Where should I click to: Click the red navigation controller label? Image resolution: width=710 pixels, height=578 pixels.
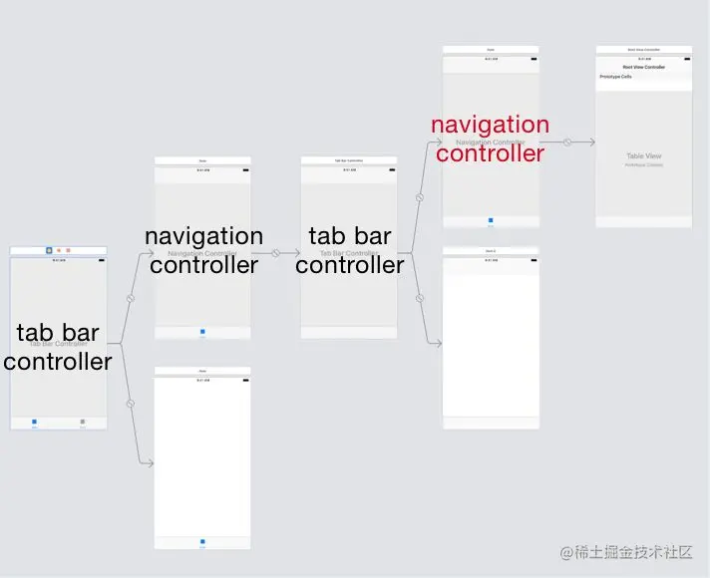(x=490, y=139)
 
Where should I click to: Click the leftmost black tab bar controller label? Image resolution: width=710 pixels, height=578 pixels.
(x=58, y=346)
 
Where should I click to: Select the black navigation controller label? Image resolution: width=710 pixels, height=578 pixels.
(x=203, y=250)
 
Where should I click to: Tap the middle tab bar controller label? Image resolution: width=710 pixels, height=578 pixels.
(x=349, y=250)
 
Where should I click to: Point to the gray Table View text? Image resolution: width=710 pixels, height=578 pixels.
(x=643, y=156)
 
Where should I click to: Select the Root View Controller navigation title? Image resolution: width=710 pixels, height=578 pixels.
(x=643, y=67)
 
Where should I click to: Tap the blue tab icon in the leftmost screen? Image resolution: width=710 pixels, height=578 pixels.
(x=35, y=422)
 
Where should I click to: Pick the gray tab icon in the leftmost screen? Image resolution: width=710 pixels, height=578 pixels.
(x=83, y=422)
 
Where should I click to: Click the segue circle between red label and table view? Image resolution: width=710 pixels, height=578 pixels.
(x=567, y=143)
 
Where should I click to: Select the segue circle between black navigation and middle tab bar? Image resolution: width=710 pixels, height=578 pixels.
(x=276, y=253)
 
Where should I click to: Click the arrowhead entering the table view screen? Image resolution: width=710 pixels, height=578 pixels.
(x=591, y=143)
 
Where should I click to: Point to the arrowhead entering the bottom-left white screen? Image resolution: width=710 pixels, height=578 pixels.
(x=151, y=463)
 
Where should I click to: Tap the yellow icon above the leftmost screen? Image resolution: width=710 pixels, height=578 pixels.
(x=59, y=250)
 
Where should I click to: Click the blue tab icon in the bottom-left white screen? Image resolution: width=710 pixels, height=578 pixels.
(x=202, y=542)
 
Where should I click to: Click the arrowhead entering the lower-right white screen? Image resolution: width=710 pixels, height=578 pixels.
(x=438, y=345)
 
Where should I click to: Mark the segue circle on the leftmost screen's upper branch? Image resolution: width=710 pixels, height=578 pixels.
(x=130, y=298)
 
